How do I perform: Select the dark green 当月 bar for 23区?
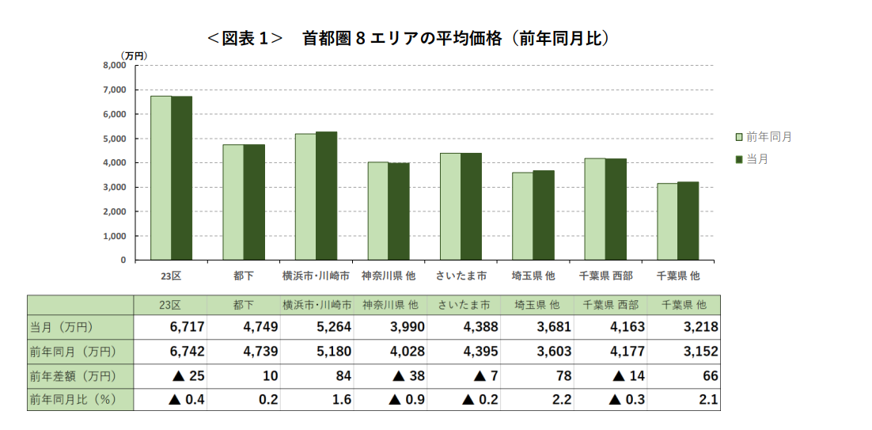click(x=182, y=178)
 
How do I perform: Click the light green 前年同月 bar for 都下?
click(x=233, y=202)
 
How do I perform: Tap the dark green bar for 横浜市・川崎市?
click(x=326, y=196)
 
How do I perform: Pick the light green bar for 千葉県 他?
click(x=667, y=222)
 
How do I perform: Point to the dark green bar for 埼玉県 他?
click(x=544, y=215)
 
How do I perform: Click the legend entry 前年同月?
click(x=764, y=137)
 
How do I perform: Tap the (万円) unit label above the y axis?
click(x=134, y=55)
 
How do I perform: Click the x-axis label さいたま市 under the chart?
click(x=461, y=276)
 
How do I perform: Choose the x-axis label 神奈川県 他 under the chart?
click(x=388, y=276)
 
